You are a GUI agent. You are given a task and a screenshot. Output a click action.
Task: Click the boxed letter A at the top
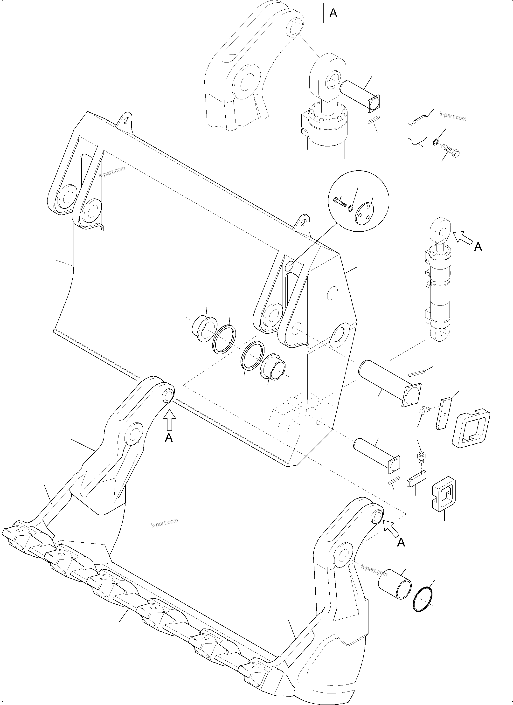click(x=333, y=13)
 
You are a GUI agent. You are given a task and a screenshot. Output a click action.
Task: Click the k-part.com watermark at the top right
click(x=453, y=116)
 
